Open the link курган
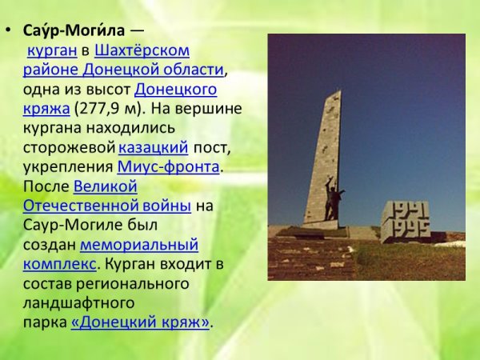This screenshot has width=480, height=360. click(x=52, y=50)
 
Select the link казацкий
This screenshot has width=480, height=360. click(x=154, y=147)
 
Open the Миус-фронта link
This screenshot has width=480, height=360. click(x=168, y=166)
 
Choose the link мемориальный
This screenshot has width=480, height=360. click(x=139, y=244)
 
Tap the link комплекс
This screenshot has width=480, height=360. click(x=59, y=263)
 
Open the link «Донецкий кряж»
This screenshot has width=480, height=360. click(x=140, y=322)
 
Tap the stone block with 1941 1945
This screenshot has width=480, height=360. click(x=405, y=220)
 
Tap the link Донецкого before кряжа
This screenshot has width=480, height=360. click(x=175, y=88)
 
